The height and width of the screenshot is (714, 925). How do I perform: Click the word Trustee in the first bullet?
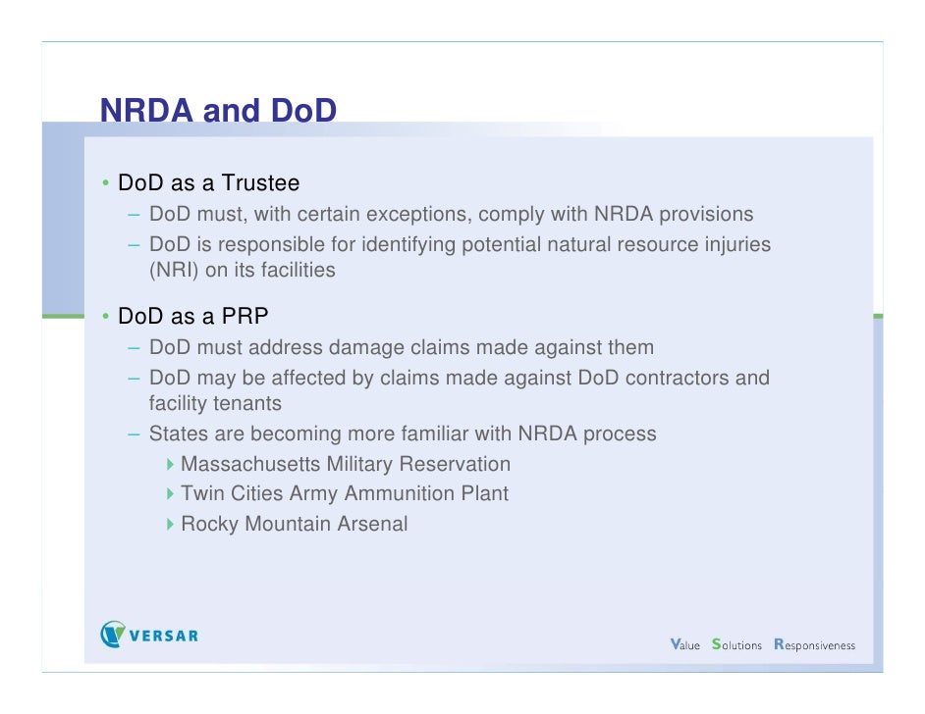coord(260,183)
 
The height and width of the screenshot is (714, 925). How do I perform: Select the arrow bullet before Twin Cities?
coord(170,493)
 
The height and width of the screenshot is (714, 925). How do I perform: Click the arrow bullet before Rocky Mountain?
coord(170,524)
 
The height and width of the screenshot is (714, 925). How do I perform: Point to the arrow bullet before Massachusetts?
coord(170,464)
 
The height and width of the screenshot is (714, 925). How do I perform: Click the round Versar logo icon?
coord(113,635)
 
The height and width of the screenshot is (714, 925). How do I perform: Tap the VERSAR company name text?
coord(164,636)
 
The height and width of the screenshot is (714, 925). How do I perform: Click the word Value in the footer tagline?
coord(684,644)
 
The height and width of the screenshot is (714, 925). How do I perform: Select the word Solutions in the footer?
coord(736,644)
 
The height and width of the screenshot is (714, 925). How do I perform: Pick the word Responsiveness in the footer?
coord(814,644)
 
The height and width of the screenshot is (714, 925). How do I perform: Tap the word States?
coord(178,433)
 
